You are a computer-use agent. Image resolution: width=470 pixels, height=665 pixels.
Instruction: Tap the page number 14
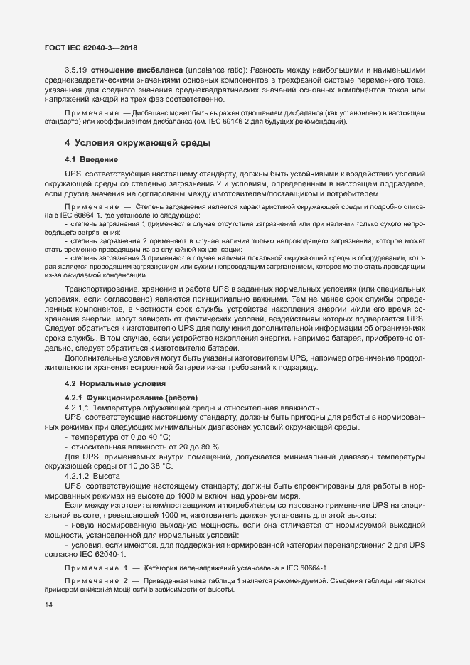(48, 604)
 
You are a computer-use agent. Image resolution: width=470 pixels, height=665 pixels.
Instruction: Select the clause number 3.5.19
(76, 70)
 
